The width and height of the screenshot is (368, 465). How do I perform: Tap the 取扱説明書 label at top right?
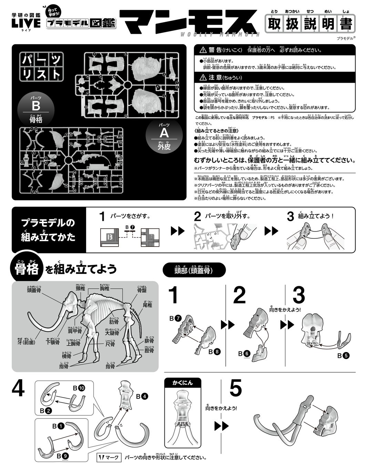tap(310, 24)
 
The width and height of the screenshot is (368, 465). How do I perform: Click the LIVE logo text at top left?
tap(26, 23)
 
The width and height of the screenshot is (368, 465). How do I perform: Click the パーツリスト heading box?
tap(41, 66)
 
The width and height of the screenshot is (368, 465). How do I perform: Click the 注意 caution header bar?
tap(274, 78)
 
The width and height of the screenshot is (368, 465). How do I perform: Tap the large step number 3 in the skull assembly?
tap(298, 296)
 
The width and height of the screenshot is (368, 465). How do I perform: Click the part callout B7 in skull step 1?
tap(175, 319)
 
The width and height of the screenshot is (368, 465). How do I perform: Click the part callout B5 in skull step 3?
tap(343, 355)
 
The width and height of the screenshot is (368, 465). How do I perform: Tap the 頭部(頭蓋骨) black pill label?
tap(194, 270)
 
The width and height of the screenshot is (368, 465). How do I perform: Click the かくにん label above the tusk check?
tap(183, 383)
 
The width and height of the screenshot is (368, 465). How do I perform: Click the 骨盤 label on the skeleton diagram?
tap(142, 290)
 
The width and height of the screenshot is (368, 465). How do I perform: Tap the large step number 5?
tap(236, 389)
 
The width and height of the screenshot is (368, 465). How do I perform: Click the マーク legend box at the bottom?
tap(109, 457)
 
